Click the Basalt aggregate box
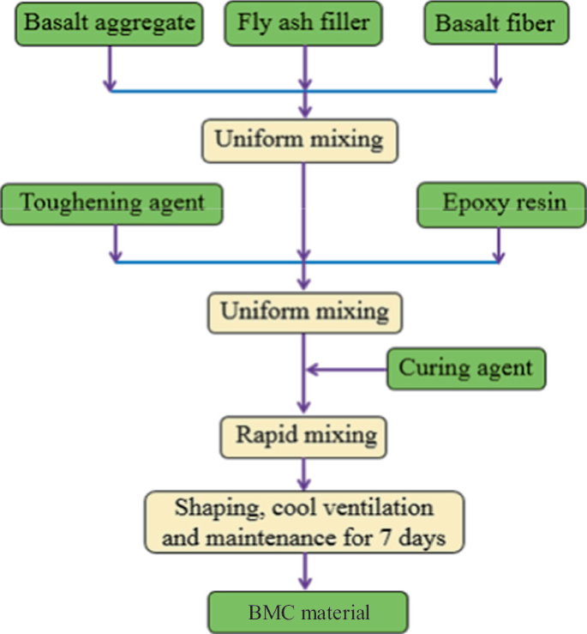109,23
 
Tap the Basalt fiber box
495,23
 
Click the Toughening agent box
112,203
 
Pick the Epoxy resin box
499,203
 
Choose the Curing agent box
465,368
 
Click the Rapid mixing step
303,435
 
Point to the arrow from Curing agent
347,370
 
